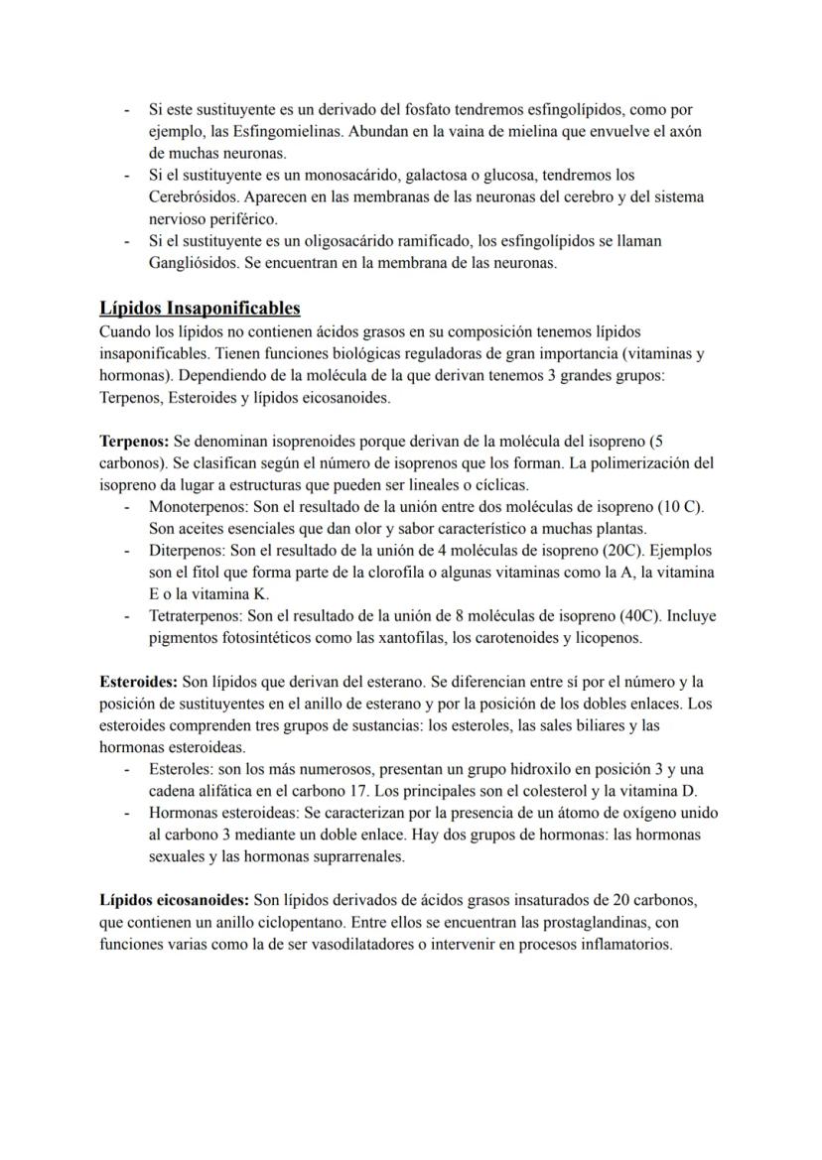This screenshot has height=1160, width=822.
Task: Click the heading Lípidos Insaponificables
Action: point(200,308)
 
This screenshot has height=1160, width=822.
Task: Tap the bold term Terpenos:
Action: point(134,440)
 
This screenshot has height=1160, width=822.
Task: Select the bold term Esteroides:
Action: point(139,682)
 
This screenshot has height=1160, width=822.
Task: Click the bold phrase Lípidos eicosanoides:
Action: point(175,900)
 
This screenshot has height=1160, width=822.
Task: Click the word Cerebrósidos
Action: point(193,197)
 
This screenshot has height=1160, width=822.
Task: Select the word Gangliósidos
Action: point(191,263)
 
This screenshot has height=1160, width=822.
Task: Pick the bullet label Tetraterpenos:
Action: point(197,615)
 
